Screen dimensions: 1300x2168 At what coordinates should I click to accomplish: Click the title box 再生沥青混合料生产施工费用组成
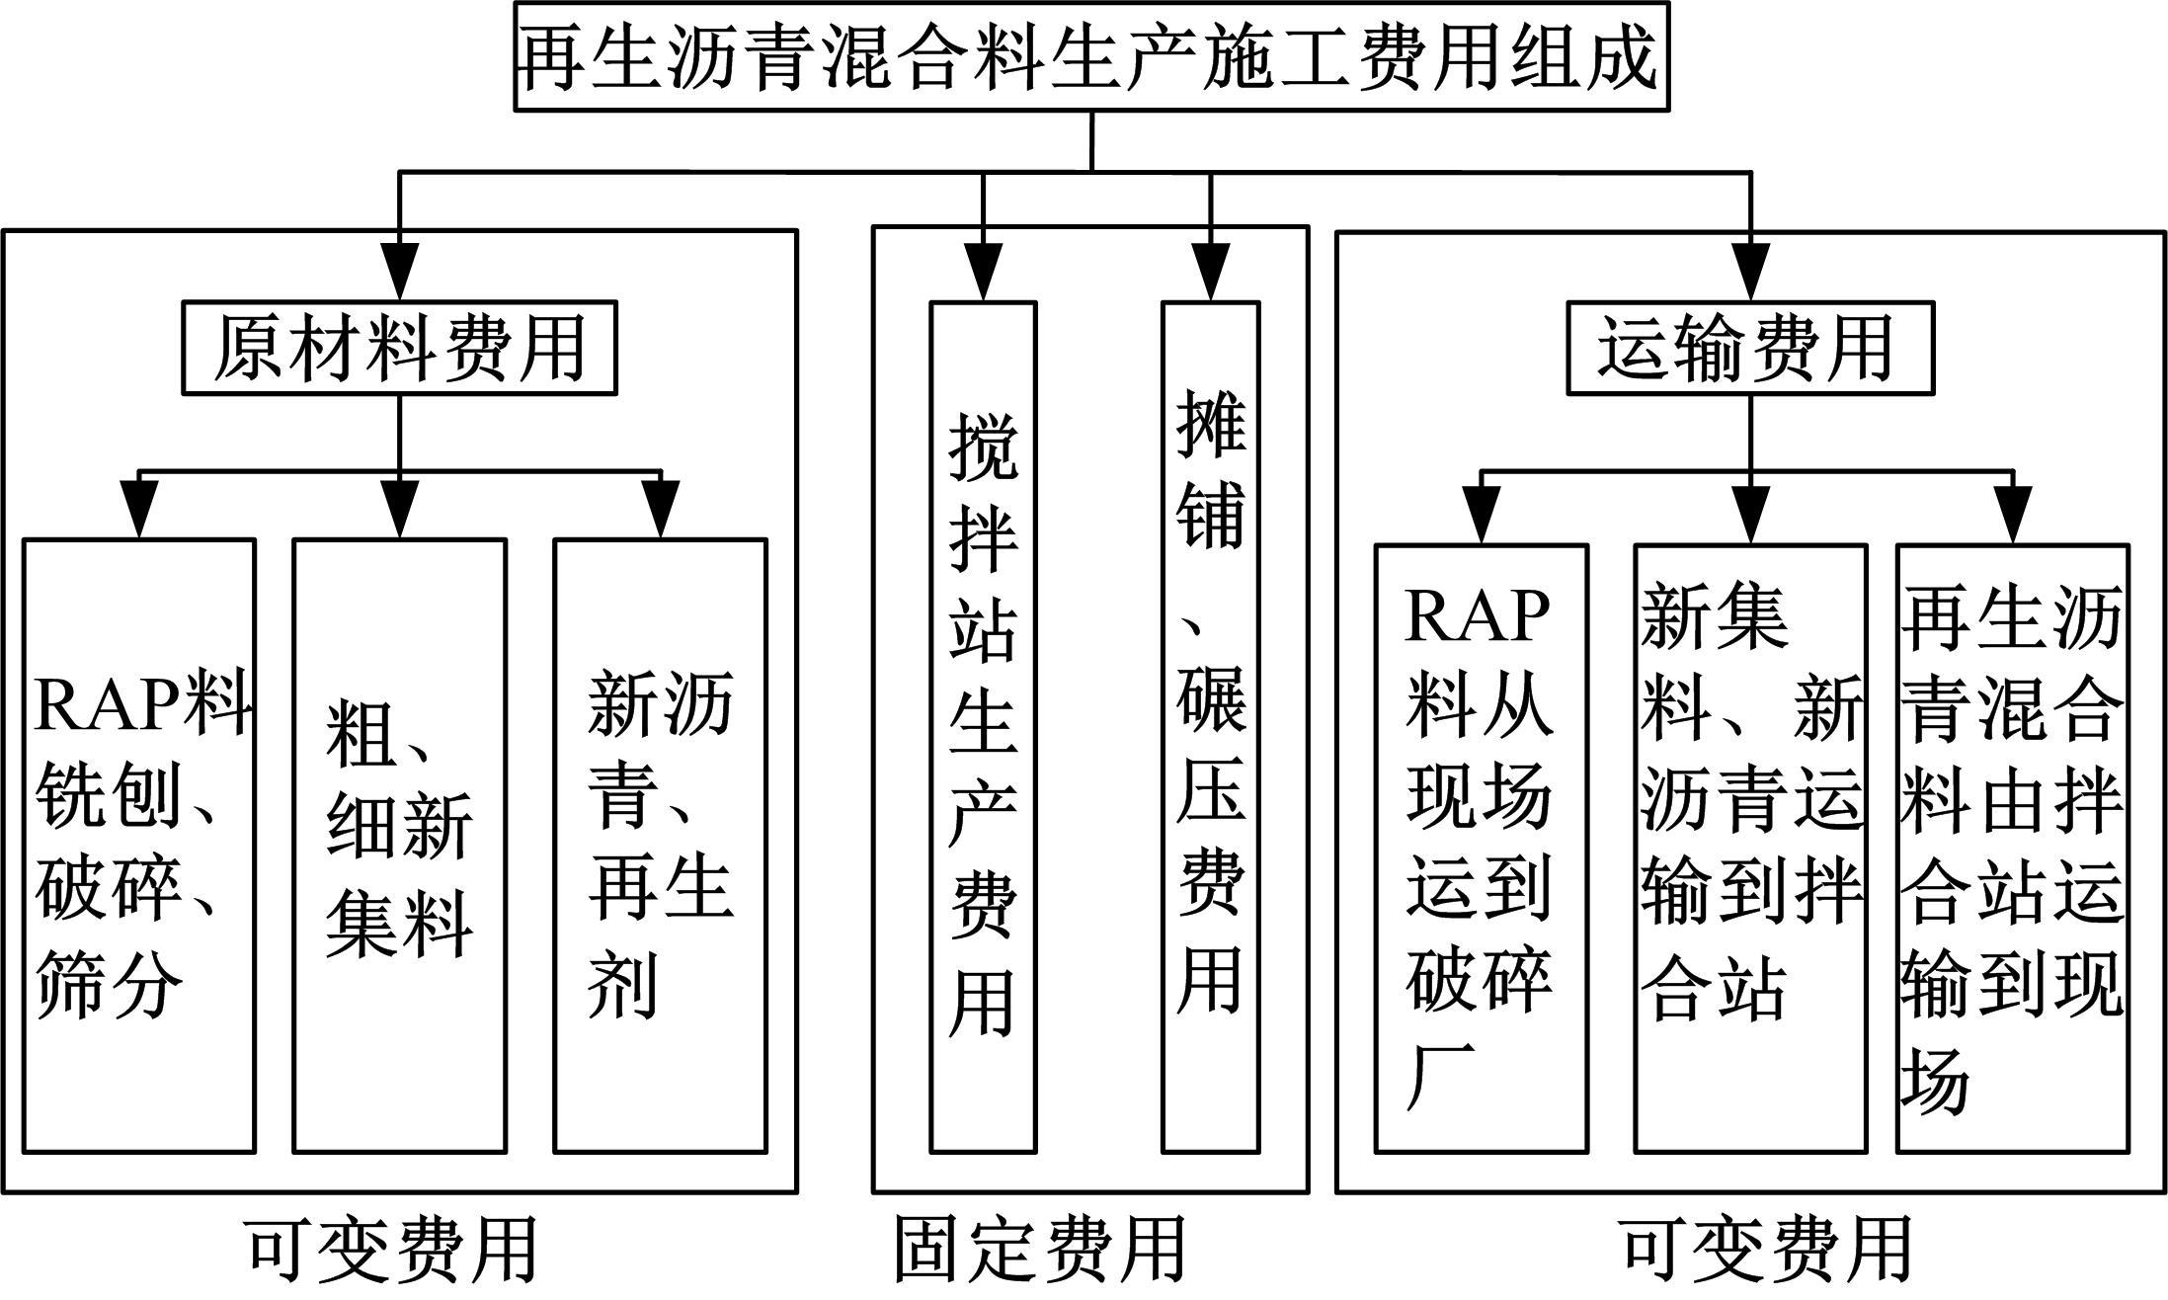tap(1090, 57)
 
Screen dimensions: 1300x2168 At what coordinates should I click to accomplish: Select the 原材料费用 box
tap(399, 348)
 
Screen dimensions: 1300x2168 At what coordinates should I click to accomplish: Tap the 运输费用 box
tap(1749, 348)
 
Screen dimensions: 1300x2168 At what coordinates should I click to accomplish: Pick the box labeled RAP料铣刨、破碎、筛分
tap(139, 845)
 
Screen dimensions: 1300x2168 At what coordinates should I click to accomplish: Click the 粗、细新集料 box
tap(399, 845)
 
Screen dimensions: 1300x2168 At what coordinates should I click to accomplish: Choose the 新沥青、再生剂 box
tap(660, 845)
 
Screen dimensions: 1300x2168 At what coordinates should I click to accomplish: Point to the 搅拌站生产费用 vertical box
tap(983, 726)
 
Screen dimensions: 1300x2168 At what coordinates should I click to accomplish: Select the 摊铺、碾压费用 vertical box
tap(1210, 726)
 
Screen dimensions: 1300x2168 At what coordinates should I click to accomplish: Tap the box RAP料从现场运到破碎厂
tap(1481, 848)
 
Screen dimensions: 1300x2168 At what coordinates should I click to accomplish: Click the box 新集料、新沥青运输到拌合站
tap(1749, 848)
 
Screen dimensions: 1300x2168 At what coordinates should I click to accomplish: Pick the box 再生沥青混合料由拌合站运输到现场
tap(2012, 848)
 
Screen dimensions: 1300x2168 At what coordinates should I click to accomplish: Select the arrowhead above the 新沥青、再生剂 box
tap(660, 510)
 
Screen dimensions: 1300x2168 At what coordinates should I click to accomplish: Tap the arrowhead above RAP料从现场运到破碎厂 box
tap(1481, 514)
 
